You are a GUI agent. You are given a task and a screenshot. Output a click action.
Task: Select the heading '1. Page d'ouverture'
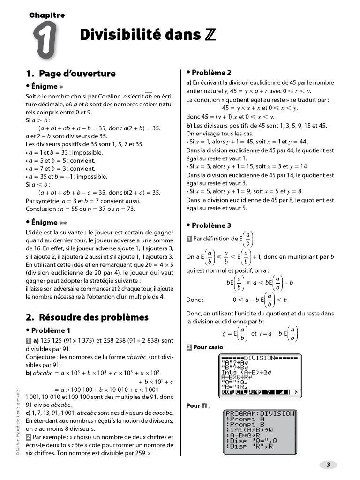click(70, 74)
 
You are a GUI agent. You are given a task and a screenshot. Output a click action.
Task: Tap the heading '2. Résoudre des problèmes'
click(87, 317)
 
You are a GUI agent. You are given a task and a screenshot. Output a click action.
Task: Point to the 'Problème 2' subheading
click(211, 73)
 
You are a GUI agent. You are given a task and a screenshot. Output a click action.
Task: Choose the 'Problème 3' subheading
click(211, 225)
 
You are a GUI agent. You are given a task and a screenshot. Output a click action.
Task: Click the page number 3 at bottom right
click(328, 465)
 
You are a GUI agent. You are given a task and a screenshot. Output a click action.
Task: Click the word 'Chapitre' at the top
click(47, 15)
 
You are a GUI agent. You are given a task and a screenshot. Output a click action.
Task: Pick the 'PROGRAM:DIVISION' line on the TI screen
click(260, 414)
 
